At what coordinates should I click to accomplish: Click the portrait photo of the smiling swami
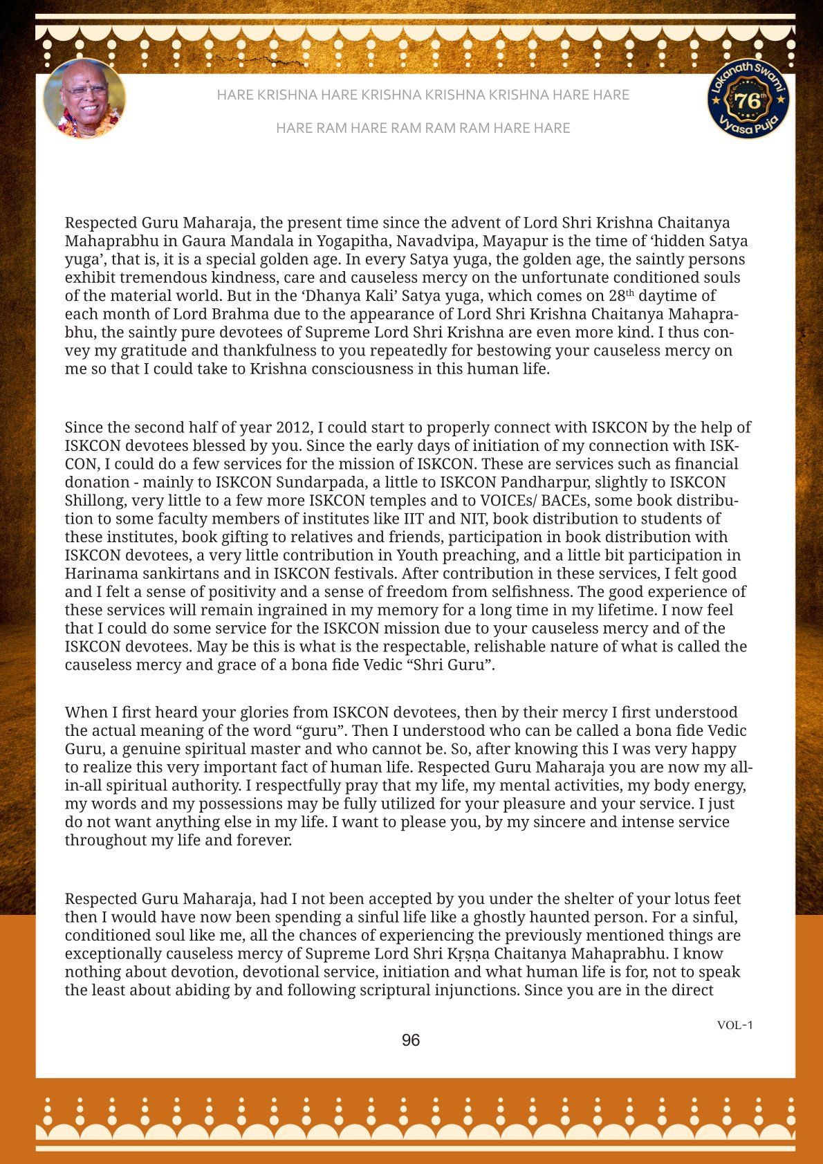[x=84, y=99]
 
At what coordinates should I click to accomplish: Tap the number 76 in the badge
[x=747, y=101]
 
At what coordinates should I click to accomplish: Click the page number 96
[x=411, y=1040]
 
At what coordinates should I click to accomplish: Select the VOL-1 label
[x=734, y=1025]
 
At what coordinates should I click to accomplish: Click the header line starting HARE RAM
[x=423, y=128]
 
